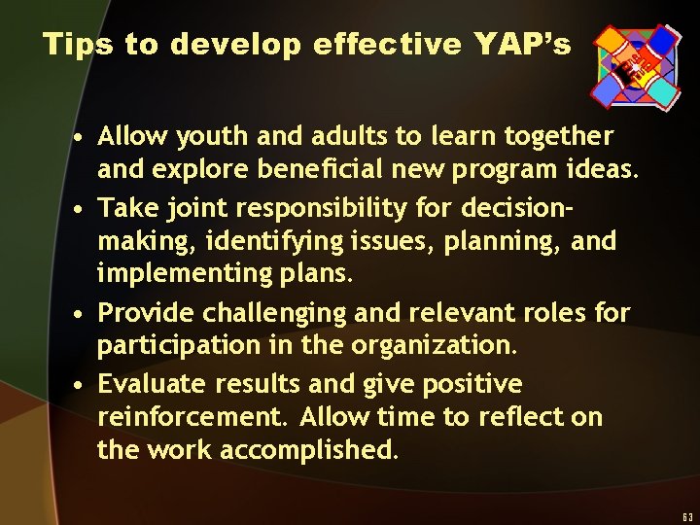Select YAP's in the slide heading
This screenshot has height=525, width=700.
522,44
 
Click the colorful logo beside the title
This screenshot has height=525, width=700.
636,64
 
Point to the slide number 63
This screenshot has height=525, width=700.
687,516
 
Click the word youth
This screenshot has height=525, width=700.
199,136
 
